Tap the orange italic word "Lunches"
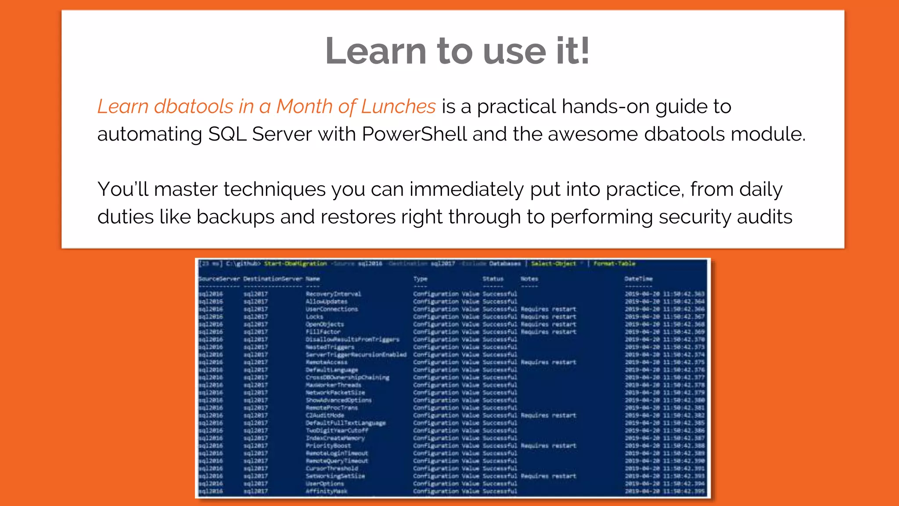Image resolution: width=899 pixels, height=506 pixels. pos(398,107)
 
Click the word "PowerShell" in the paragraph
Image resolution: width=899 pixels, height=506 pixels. pos(414,134)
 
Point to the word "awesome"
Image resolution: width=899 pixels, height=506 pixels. pos(593,134)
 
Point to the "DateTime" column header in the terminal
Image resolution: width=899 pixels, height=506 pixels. pos(639,279)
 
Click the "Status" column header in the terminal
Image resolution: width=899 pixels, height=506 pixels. pos(493,279)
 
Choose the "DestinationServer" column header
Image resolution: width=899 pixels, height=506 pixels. pos(273,279)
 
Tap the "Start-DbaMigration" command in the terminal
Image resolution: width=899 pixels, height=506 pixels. pos(295,264)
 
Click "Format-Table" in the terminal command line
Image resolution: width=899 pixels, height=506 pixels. pos(614,264)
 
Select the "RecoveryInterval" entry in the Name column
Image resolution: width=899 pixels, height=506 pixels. pos(333,294)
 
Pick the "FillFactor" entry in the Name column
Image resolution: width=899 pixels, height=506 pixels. pos(323,332)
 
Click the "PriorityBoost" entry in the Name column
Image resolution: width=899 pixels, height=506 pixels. pos(328,446)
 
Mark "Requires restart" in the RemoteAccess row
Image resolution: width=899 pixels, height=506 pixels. pos(548,362)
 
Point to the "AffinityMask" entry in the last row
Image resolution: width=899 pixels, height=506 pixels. pos(326,491)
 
